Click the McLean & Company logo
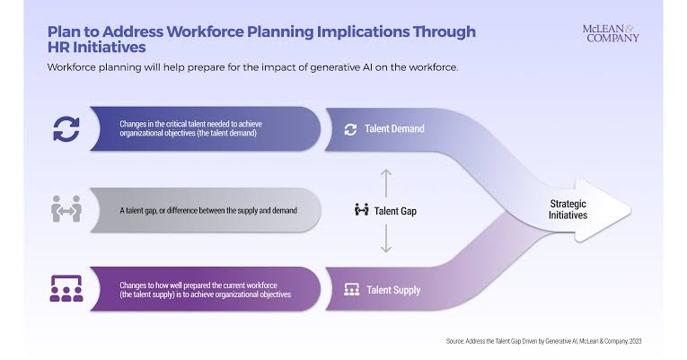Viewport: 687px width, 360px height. pos(611,33)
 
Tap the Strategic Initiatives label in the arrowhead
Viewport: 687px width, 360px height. pos(568,209)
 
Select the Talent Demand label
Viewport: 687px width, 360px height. pos(394,128)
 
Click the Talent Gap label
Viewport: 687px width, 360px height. pos(395,211)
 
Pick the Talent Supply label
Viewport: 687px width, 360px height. pos(393,290)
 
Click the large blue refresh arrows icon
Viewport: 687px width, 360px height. pos(66,129)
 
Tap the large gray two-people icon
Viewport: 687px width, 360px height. pos(66,209)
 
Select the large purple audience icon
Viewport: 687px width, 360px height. pos(66,288)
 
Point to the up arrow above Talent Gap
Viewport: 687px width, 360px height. pos(385,183)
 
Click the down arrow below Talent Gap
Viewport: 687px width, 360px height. pos(385,239)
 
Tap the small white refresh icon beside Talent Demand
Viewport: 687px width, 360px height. pos(350,129)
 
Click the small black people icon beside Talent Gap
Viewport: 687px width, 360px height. pos(362,210)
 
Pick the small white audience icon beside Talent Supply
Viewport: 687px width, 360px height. pos(351,289)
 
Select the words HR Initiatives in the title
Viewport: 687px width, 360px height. pos(96,48)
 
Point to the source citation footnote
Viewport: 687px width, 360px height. pos(543,341)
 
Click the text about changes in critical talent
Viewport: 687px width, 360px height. pos(190,128)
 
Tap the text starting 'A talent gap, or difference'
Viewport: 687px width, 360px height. pos(208,211)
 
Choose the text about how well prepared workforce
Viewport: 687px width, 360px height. pos(205,290)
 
